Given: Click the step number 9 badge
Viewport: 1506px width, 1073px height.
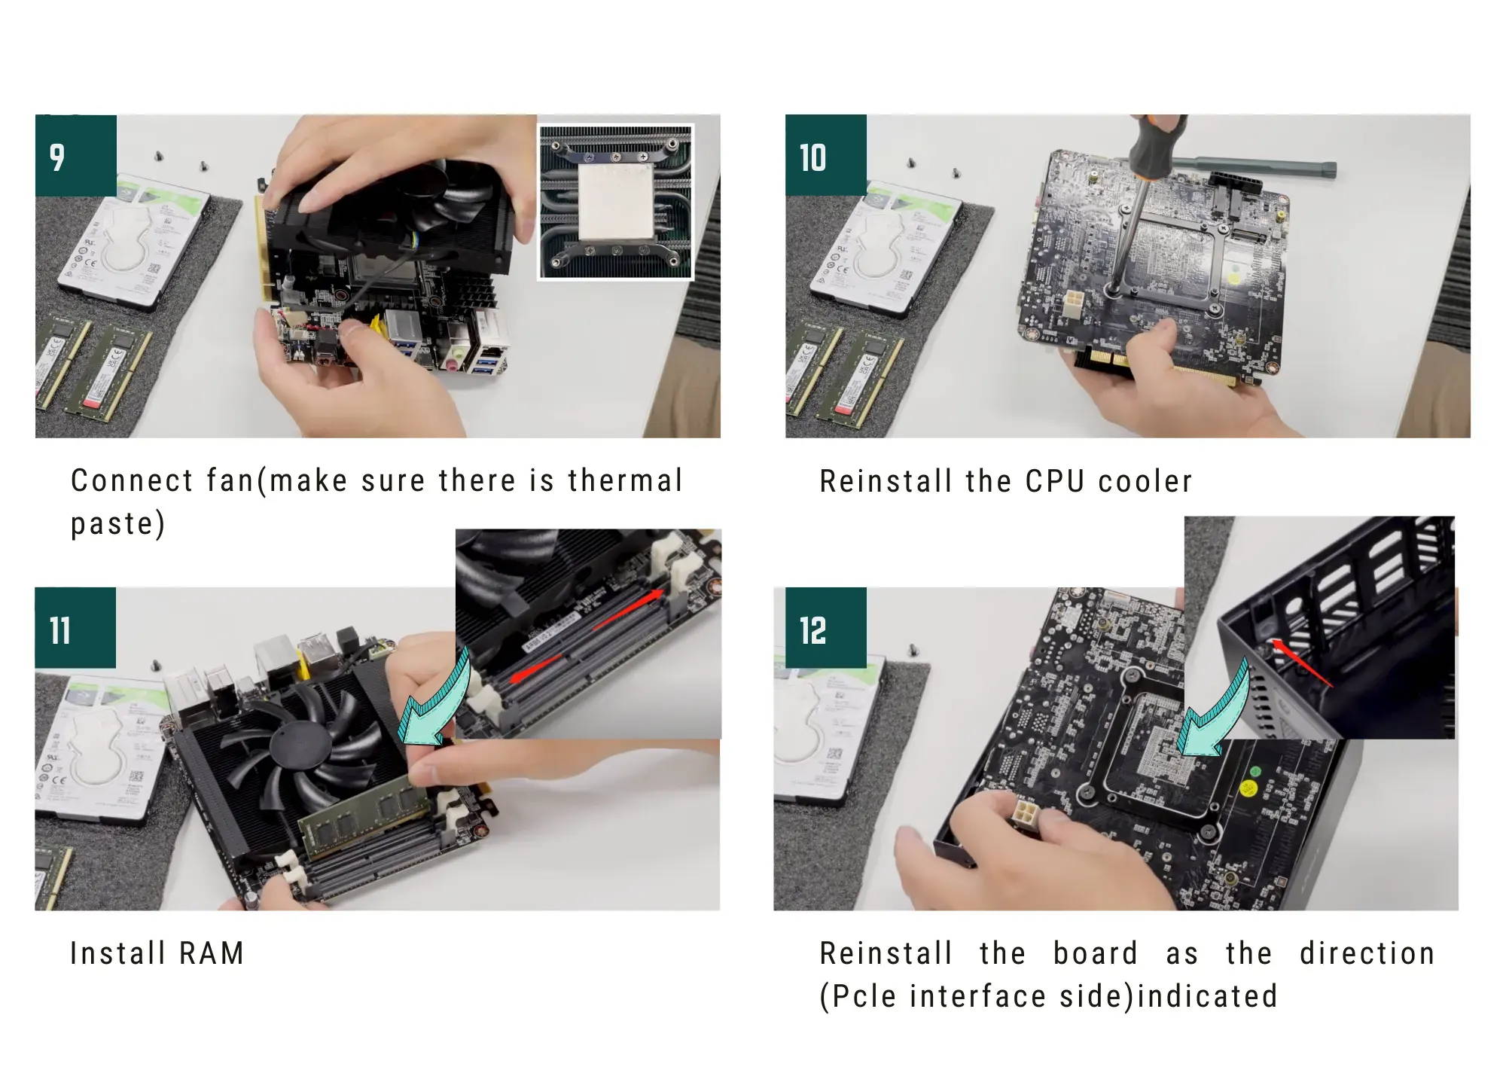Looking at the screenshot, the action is pos(76,156).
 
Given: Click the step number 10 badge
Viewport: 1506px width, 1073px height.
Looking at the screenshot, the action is pos(826,156).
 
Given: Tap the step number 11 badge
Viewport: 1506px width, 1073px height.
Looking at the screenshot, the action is pos(75,628).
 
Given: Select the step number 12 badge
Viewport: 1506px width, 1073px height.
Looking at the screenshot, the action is pos(826,628).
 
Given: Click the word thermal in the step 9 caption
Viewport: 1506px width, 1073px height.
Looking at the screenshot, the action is pos(625,480).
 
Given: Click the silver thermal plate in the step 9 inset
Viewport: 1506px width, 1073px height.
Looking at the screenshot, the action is pos(614,201).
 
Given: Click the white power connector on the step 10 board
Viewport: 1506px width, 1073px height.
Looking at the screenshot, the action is pos(1074,306).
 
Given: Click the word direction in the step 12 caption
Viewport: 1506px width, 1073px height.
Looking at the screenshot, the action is pos(1367,953).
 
